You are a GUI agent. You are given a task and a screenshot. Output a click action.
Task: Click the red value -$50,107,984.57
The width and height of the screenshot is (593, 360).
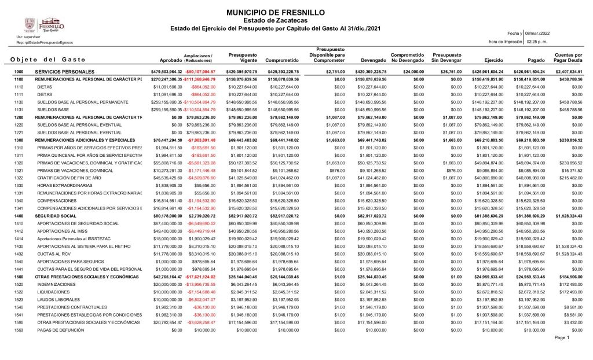click(x=199, y=71)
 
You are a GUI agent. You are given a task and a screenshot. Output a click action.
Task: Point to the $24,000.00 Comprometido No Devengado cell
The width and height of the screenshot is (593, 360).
click(x=413, y=71)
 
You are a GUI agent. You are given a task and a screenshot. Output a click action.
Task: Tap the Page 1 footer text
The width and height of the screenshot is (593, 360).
click(x=562, y=337)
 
